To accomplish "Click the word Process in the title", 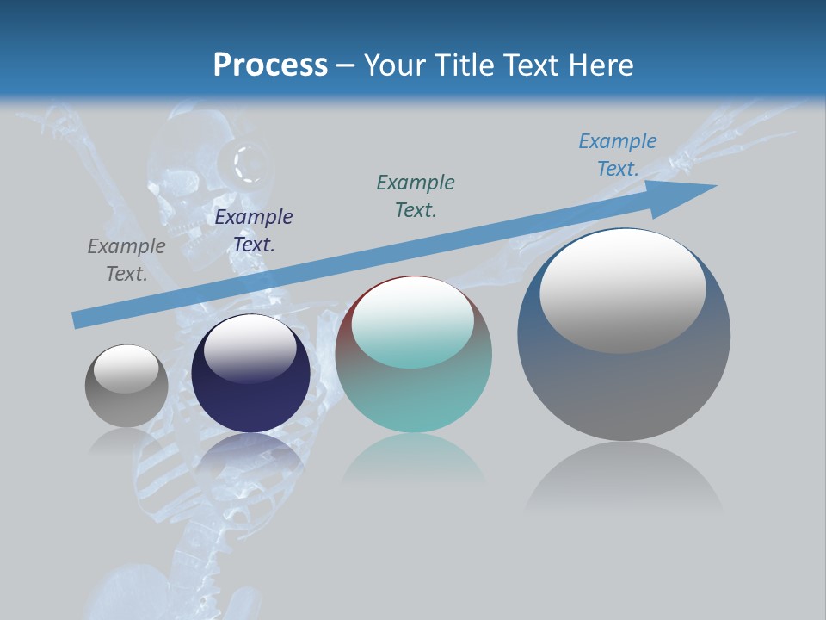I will [270, 65].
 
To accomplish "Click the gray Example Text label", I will [126, 260].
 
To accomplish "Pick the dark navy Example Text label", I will [254, 231].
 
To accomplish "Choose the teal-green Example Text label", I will [416, 195].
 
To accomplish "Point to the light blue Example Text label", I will [618, 155].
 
